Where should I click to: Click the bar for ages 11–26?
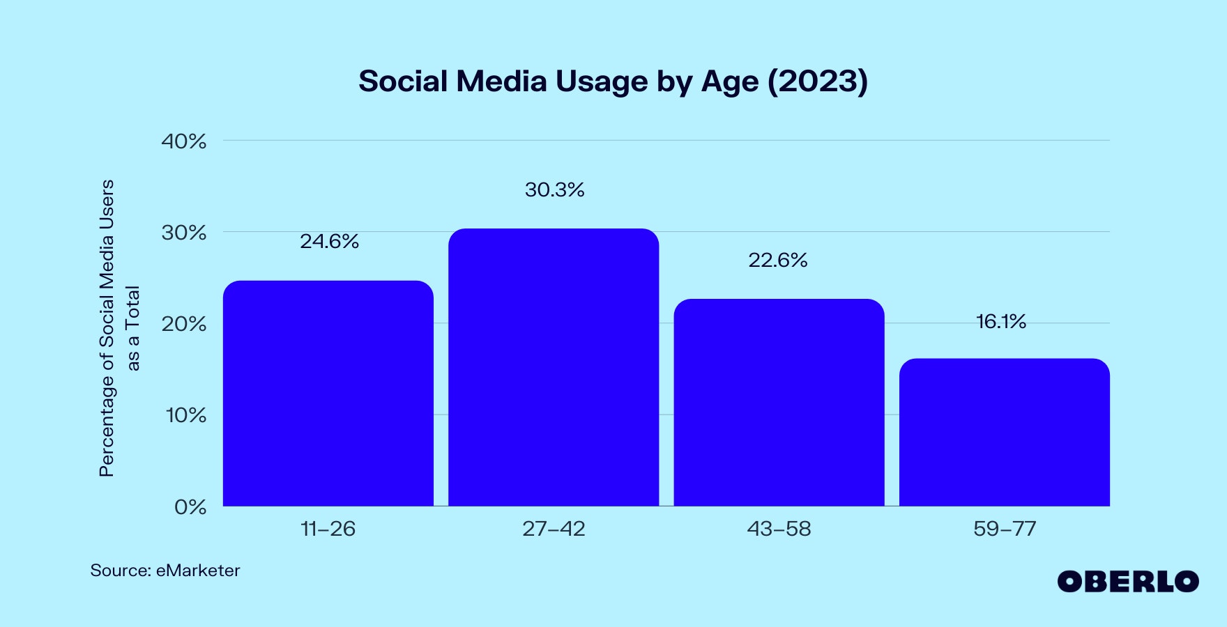tap(328, 394)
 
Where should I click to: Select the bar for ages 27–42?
tap(554, 367)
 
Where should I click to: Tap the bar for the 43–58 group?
tap(779, 403)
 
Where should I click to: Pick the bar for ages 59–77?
tap(1004, 433)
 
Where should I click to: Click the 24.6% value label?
tap(329, 242)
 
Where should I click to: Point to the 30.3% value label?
tap(554, 190)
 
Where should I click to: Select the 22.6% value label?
tap(778, 261)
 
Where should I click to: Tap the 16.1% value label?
tap(1001, 322)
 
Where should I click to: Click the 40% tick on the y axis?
tap(184, 141)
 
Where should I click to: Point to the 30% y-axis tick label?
tap(184, 233)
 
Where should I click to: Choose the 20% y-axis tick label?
tap(184, 324)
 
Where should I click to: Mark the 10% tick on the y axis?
tap(185, 415)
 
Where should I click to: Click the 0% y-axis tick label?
tap(190, 507)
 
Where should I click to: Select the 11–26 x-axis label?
tap(328, 529)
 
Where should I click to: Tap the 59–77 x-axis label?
tap(1005, 529)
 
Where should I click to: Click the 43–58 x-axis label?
tap(779, 529)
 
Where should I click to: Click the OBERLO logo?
tap(1127, 582)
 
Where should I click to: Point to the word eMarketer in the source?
tap(198, 571)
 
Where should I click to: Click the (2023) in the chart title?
tap(817, 82)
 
